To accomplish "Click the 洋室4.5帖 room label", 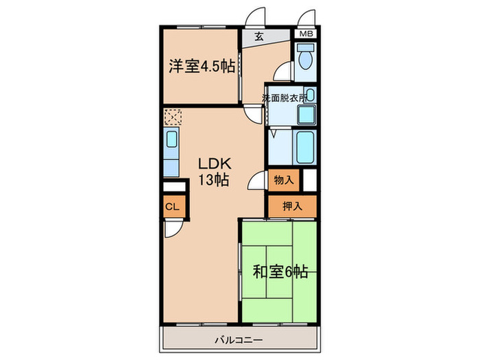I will (202, 67).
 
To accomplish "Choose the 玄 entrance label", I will (260, 38).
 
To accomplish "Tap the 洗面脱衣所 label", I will (284, 98).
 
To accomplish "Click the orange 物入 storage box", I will (284, 180).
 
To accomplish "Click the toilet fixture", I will (306, 58).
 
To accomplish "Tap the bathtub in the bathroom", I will (305, 145).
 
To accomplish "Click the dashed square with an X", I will (172, 117).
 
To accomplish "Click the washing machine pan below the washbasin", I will (306, 115).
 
